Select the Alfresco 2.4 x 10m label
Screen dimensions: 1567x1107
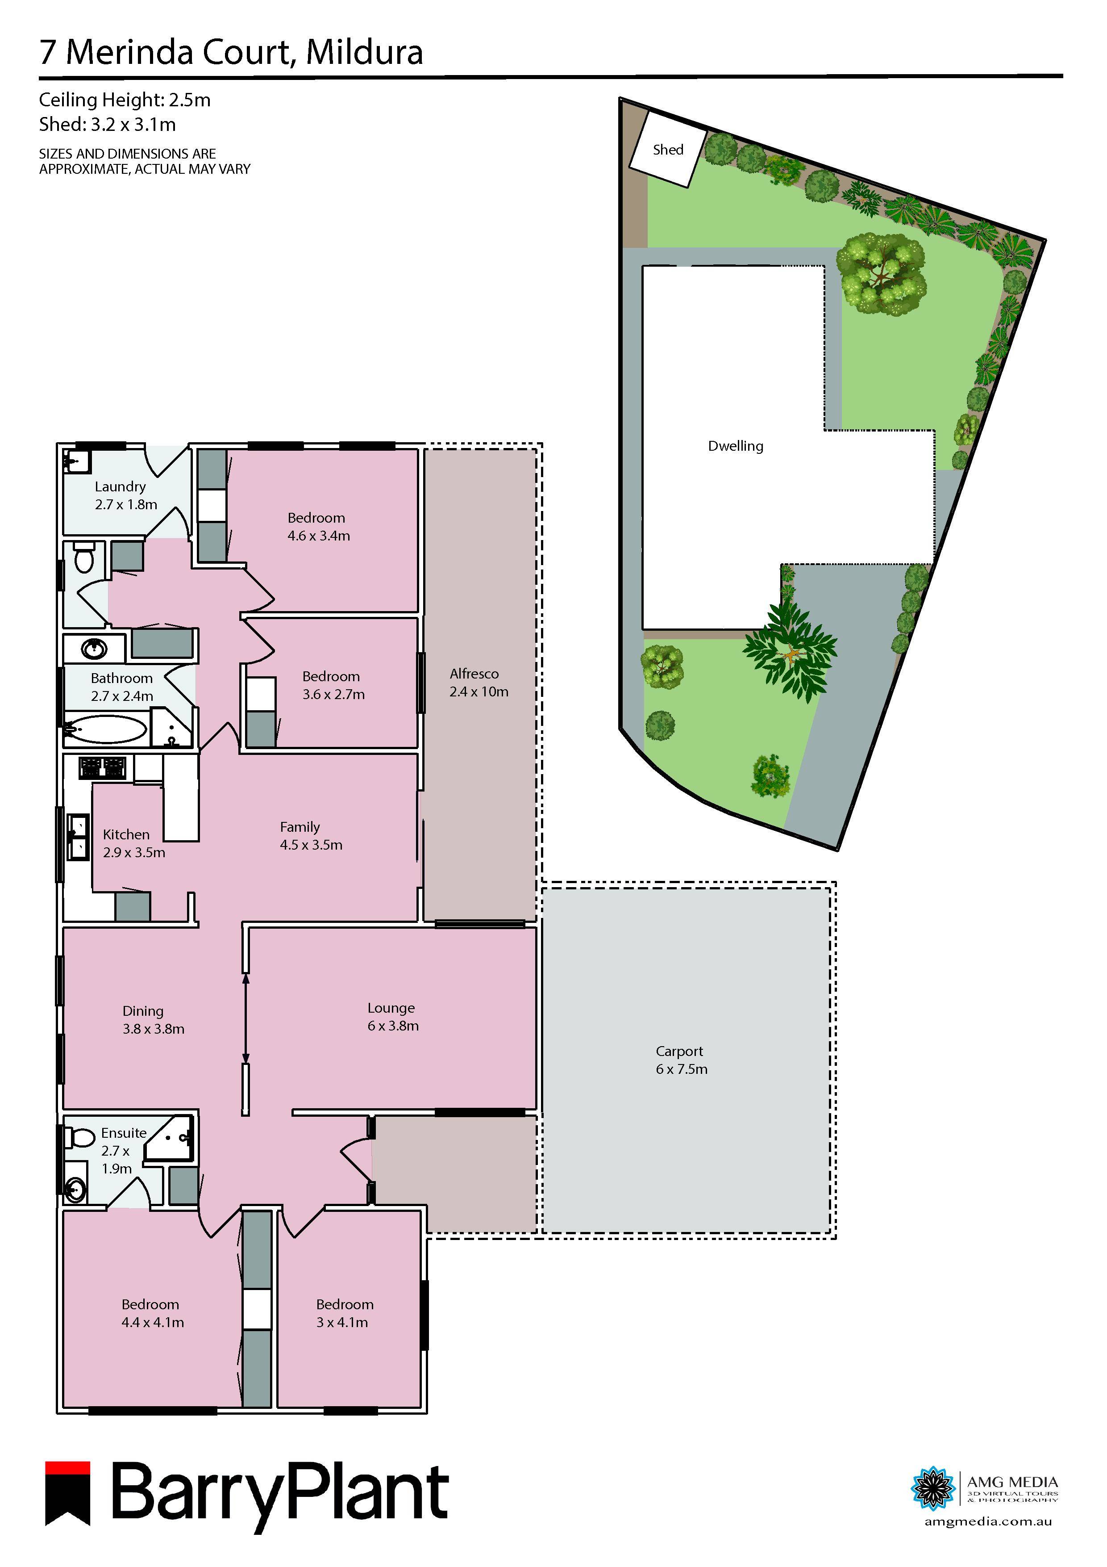[x=478, y=683]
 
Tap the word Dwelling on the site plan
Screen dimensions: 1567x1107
[x=735, y=446]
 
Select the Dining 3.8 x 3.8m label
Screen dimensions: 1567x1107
[x=153, y=1020]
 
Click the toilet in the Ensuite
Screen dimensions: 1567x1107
[x=80, y=1137]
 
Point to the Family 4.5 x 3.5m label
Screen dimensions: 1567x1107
[x=310, y=835]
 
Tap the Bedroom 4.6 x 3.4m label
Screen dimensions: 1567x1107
[x=318, y=526]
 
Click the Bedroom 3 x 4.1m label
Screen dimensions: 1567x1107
[x=344, y=1313]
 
